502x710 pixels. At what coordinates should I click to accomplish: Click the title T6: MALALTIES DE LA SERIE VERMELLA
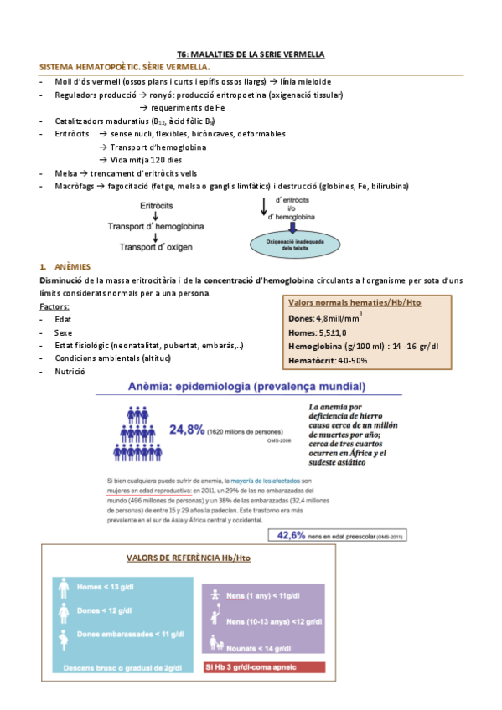pos(251,54)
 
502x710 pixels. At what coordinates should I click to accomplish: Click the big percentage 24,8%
pos(188,430)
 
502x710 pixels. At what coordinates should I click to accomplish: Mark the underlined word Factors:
pos(54,306)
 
